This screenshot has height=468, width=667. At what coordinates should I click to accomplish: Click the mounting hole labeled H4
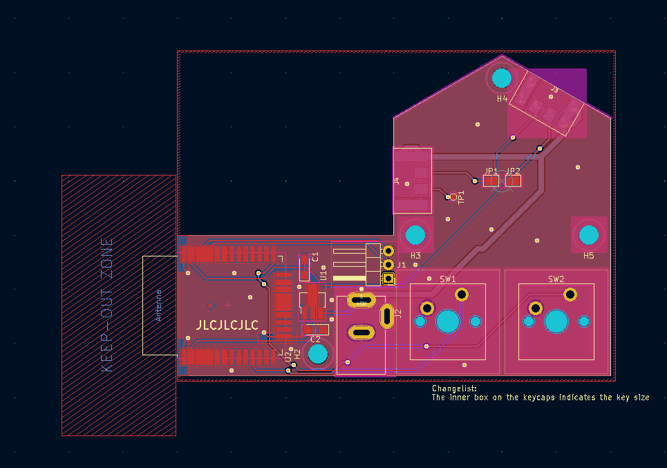click(502, 78)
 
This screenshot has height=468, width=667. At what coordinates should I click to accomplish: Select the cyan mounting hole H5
click(589, 234)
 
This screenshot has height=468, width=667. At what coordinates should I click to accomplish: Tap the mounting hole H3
click(415, 234)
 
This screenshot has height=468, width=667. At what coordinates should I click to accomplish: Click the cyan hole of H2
click(317, 354)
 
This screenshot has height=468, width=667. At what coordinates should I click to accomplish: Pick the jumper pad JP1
click(491, 180)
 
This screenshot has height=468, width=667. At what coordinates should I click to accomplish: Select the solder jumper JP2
click(513, 180)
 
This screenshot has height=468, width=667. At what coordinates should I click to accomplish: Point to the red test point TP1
click(453, 197)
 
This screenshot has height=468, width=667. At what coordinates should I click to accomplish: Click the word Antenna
click(158, 305)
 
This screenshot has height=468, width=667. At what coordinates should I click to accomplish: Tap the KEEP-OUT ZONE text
click(106, 306)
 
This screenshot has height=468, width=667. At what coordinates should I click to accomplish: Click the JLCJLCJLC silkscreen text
click(227, 325)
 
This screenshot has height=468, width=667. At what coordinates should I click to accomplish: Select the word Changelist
click(453, 389)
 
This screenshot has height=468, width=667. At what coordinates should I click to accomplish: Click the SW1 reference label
click(447, 279)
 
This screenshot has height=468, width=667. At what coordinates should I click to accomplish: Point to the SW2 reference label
click(556, 279)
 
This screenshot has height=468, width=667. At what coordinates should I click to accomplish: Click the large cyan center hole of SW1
click(448, 321)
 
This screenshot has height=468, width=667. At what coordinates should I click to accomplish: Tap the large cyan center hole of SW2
click(556, 321)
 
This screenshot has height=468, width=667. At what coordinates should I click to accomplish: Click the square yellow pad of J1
click(389, 279)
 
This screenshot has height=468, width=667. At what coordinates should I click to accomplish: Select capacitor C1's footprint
click(304, 268)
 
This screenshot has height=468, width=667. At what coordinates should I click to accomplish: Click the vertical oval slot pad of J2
click(387, 316)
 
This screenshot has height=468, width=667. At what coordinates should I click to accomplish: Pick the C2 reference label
click(315, 339)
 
